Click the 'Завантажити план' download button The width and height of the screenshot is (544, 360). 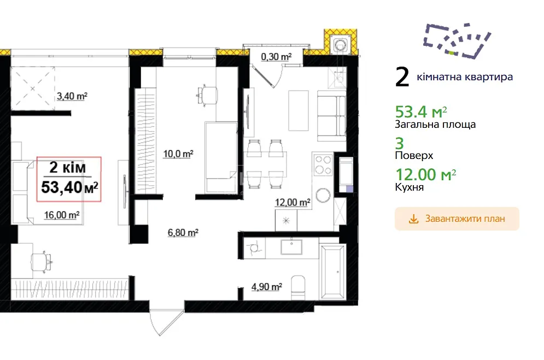click(457, 219)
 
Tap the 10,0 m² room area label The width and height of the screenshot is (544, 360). click(178, 154)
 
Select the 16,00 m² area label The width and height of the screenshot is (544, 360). click(62, 215)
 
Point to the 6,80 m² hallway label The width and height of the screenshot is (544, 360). click(183, 232)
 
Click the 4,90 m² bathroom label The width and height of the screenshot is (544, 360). click(266, 287)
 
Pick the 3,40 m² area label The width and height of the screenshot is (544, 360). click(72, 96)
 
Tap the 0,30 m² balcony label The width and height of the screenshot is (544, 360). click(276, 56)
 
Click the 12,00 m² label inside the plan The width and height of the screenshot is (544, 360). click(293, 202)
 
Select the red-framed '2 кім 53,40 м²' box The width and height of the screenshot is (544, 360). click(69, 179)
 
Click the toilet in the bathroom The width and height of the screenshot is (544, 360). click(298, 287)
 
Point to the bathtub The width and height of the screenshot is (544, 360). click(333, 272)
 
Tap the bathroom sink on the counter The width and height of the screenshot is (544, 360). click(291, 247)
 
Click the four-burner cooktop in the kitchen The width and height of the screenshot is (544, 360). click(323, 164)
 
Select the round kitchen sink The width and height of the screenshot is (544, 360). click(323, 195)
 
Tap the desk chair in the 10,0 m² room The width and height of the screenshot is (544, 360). click(207, 95)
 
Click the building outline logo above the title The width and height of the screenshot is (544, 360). click(457, 40)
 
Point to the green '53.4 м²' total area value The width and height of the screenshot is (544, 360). click(421, 111)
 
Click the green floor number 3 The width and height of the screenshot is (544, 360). click(400, 143)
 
